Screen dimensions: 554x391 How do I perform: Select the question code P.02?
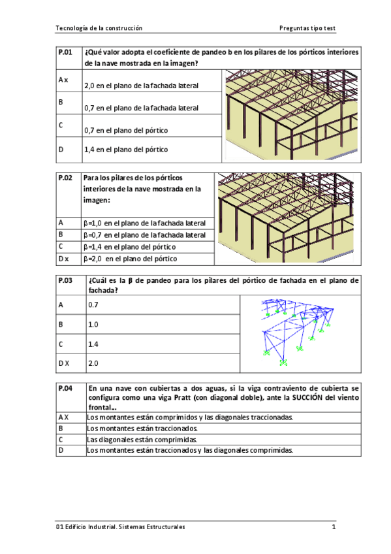point(65,178)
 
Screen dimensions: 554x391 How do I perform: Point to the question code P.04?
point(65,387)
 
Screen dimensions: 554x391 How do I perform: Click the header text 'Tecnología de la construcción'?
point(99,28)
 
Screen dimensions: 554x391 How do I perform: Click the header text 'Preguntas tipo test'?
point(307,28)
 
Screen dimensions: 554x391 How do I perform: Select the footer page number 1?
point(333,527)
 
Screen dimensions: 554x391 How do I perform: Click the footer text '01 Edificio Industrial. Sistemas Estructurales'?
point(121,527)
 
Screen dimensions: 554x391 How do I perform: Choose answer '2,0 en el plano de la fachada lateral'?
point(142,86)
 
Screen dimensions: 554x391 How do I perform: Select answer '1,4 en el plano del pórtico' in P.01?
point(126,150)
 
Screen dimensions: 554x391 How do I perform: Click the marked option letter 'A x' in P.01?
point(63,80)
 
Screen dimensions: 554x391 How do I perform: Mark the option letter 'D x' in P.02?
point(63,259)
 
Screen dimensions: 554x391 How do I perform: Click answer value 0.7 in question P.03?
point(93,304)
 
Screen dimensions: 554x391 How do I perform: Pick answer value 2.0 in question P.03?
point(93,363)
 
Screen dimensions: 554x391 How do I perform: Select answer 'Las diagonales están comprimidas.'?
point(142,440)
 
